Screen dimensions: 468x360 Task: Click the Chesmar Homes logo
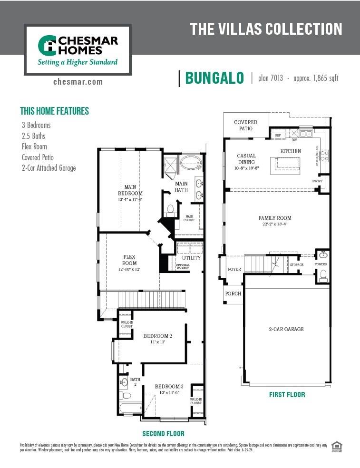[x=78, y=49]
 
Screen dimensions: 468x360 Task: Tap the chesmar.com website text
[x=78, y=82]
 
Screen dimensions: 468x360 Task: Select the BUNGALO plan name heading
[x=214, y=78]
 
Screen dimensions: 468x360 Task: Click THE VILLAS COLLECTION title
[x=266, y=29]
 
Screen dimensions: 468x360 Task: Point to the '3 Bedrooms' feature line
[x=36, y=125]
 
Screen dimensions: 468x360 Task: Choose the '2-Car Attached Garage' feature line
[x=49, y=168]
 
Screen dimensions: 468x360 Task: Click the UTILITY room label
[x=191, y=258]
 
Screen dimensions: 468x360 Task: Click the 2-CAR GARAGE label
[x=286, y=329]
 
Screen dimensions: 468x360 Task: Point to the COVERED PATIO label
[x=245, y=126]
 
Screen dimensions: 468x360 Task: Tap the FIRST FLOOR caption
[x=287, y=394]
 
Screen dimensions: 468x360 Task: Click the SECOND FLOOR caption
[x=163, y=433]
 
